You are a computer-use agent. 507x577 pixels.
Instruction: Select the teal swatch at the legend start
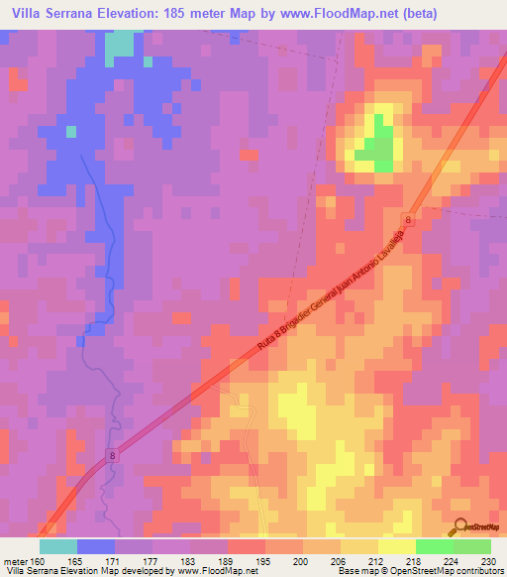[58, 545]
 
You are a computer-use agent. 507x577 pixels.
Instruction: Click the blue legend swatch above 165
[96, 545]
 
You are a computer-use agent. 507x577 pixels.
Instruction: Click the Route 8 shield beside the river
[112, 454]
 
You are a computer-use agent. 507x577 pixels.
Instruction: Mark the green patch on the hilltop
[374, 149]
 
